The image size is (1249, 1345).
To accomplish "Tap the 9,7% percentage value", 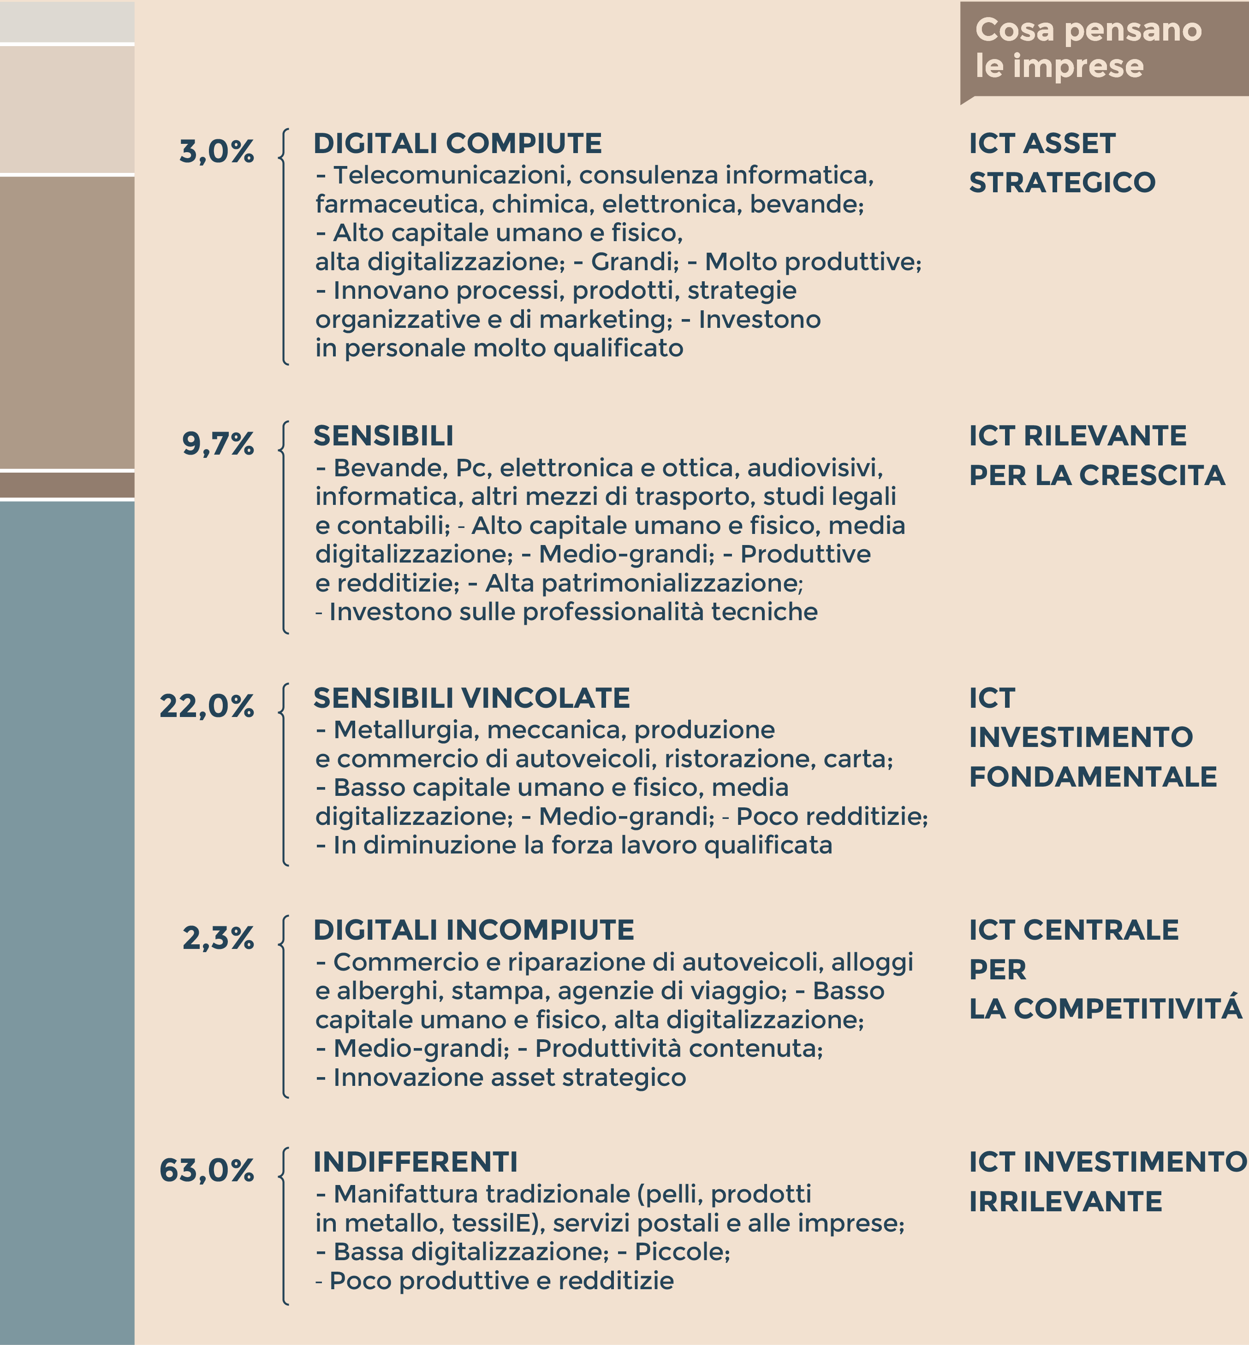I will point(218,444).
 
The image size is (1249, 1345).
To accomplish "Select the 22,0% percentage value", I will point(207,706).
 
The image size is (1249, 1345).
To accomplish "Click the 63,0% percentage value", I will point(207,1170).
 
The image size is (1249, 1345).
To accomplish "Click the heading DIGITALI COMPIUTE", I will point(458,143).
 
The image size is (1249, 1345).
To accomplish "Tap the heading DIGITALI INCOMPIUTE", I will point(474,930).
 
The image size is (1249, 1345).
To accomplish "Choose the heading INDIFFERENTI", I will point(415,1162).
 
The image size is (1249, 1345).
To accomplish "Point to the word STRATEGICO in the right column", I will point(1062,183).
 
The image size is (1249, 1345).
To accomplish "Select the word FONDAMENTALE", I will point(1093,777).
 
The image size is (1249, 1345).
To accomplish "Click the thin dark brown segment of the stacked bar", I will point(67,484).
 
